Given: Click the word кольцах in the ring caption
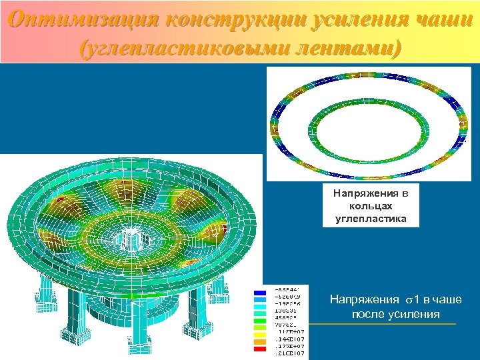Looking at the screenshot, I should [371, 205].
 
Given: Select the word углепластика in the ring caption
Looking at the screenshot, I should [371, 218].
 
